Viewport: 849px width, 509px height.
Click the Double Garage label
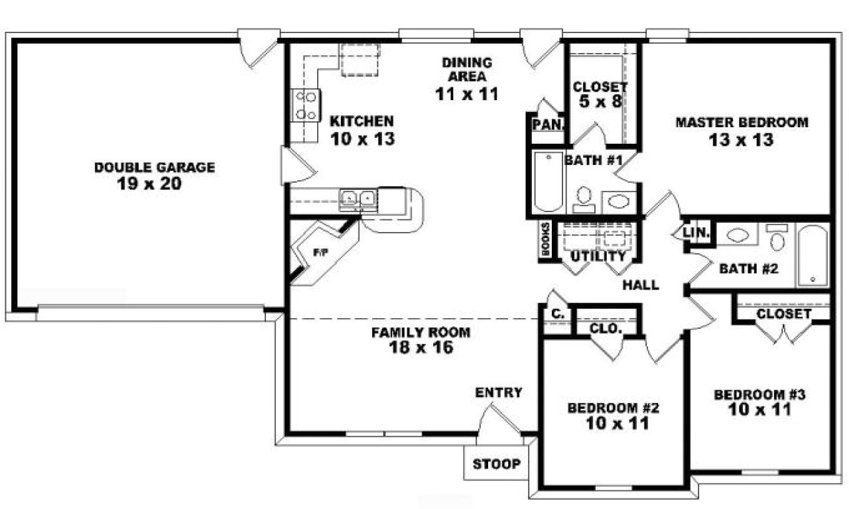[154, 168]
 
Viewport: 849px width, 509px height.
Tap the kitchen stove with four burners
[306, 105]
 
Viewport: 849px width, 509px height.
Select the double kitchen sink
[358, 198]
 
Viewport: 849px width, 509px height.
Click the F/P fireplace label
[320, 253]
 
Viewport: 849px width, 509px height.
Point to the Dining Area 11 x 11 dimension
[466, 94]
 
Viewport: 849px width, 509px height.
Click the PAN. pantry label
[547, 124]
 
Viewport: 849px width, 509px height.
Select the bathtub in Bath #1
[547, 182]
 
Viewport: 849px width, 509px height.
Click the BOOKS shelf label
[545, 239]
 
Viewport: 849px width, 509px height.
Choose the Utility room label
[598, 256]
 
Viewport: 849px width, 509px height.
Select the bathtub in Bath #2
[812, 256]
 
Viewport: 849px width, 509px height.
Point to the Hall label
[641, 285]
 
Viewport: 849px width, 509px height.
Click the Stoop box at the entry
[496, 464]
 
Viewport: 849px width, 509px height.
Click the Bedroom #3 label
[759, 395]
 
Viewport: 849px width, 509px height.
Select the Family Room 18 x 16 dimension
[421, 347]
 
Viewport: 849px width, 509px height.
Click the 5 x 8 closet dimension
[600, 103]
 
